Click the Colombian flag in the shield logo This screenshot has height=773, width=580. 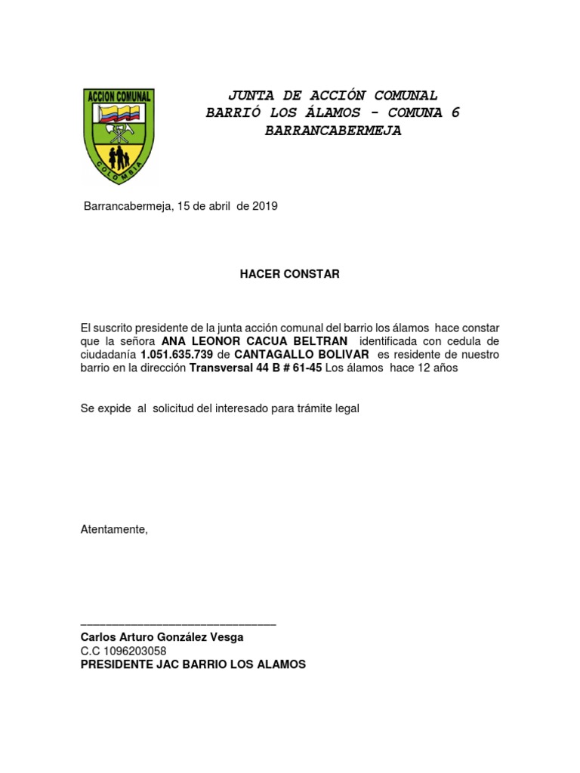point(118,115)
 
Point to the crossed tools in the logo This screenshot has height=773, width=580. point(119,134)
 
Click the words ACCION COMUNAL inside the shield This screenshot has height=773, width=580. point(119,97)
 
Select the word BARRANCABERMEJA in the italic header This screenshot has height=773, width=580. point(332,131)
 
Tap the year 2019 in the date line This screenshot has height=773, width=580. point(265,206)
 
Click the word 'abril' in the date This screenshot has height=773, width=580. point(220,206)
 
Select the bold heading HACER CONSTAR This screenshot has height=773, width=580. point(289,274)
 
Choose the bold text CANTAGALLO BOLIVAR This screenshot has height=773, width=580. point(301,355)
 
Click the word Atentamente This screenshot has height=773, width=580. point(114,529)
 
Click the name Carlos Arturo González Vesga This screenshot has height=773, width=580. point(162,638)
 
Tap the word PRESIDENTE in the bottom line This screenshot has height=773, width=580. point(115,664)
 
